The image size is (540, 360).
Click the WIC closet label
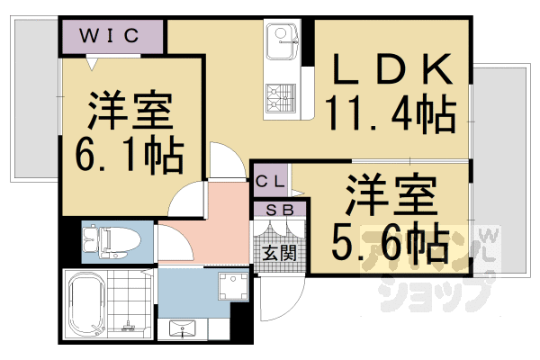coord(112,36)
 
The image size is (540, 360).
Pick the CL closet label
coord(272,181)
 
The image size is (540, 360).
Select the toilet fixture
coord(106,240)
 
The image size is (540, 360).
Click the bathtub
coord(88,305)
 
